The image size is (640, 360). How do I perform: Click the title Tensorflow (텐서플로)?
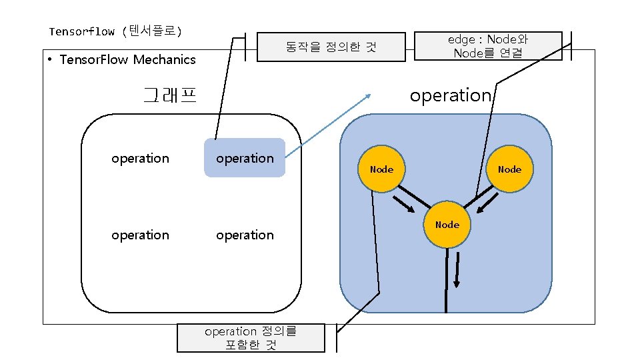[x=115, y=31]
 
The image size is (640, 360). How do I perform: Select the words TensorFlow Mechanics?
[x=127, y=60]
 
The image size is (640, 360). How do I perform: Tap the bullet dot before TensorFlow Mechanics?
[x=51, y=60]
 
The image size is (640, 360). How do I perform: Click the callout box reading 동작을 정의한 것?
[x=331, y=47]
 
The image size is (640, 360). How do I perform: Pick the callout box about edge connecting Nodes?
[x=488, y=46]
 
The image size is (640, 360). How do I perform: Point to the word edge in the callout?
[x=460, y=40]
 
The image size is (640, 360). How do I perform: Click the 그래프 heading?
[x=170, y=95]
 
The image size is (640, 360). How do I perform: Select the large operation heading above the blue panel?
[x=450, y=95]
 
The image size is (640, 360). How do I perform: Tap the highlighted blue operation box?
[x=245, y=158]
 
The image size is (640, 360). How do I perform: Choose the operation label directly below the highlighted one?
[x=245, y=235]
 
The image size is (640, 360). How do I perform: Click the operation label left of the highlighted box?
[x=140, y=158]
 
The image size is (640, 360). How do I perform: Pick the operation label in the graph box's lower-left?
[x=140, y=235]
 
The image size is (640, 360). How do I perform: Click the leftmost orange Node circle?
[x=381, y=169]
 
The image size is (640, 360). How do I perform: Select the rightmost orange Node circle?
[x=509, y=169]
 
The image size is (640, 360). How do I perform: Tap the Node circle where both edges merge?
[x=447, y=225]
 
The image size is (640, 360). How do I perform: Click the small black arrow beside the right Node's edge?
[x=486, y=207]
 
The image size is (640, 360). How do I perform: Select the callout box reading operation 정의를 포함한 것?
[x=251, y=338]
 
